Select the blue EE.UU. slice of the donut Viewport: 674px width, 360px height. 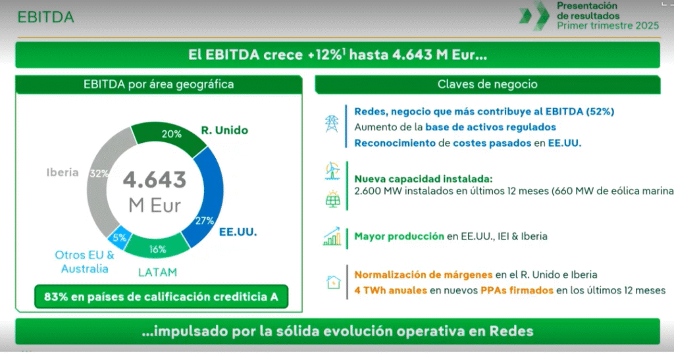click(206, 197)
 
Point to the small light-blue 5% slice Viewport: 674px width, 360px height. click(118, 238)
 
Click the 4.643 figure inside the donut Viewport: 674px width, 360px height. click(155, 180)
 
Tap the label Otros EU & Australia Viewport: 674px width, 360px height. click(84, 262)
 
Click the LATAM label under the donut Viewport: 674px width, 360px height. click(157, 272)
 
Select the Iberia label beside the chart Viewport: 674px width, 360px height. click(63, 172)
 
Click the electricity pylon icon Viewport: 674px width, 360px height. click(332, 124)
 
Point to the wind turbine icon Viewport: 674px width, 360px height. click(332, 171)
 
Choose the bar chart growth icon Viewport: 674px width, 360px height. click(332, 236)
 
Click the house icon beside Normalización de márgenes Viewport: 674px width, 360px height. click(334, 282)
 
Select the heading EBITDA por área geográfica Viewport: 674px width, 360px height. click(159, 84)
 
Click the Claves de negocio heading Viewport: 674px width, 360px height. click(488, 84)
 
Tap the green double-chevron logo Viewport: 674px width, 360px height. click(534, 15)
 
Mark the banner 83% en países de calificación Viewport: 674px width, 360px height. click(161, 297)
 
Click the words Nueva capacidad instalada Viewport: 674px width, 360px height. click(423, 179)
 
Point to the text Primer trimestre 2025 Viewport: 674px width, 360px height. click(608, 26)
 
